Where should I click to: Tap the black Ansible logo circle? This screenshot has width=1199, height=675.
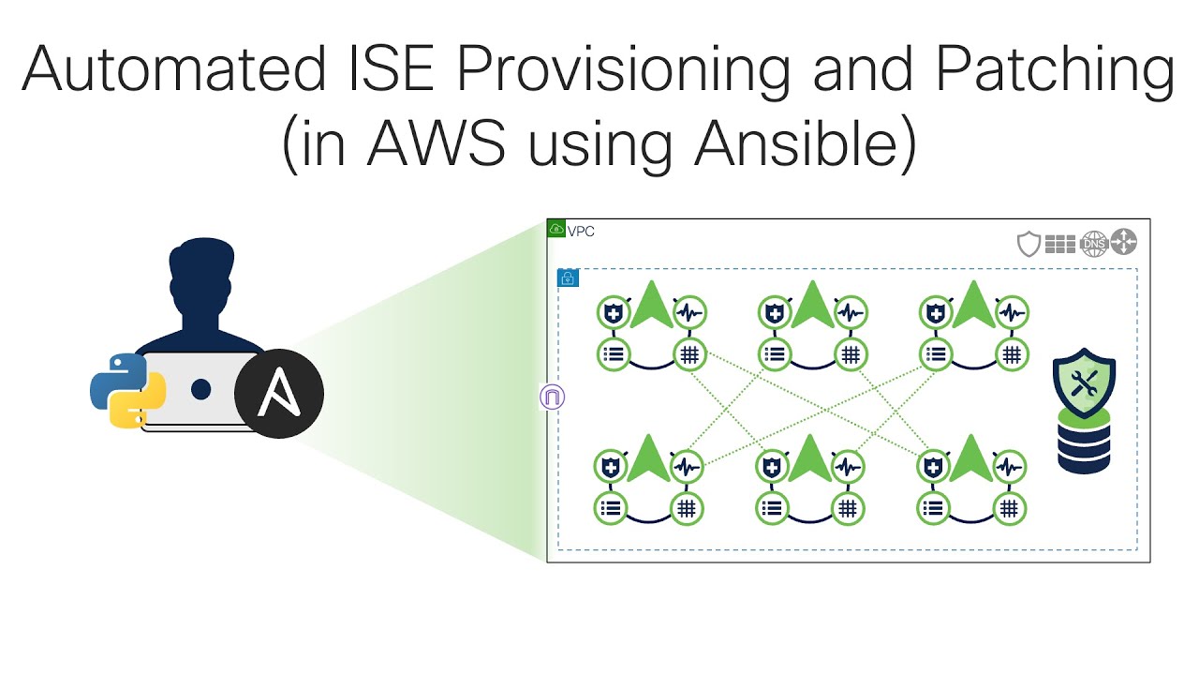(278, 394)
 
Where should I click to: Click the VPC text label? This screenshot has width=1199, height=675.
(581, 232)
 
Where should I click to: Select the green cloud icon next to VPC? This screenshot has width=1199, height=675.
(556, 229)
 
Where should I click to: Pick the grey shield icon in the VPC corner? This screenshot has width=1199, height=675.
(1029, 244)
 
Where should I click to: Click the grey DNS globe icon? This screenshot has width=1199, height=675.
(1093, 244)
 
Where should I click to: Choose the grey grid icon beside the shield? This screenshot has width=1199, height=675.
(1060, 244)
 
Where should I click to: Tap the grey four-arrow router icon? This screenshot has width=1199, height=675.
(1123, 243)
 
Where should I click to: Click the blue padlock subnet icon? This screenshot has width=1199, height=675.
(568, 277)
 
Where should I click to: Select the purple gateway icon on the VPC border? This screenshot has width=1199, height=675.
(552, 397)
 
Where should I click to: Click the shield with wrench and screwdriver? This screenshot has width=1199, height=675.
(1084, 382)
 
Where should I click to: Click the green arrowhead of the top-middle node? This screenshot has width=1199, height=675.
(811, 305)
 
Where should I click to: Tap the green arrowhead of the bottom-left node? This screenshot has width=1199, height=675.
(649, 458)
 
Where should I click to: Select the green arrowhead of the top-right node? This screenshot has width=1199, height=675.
(971, 305)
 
